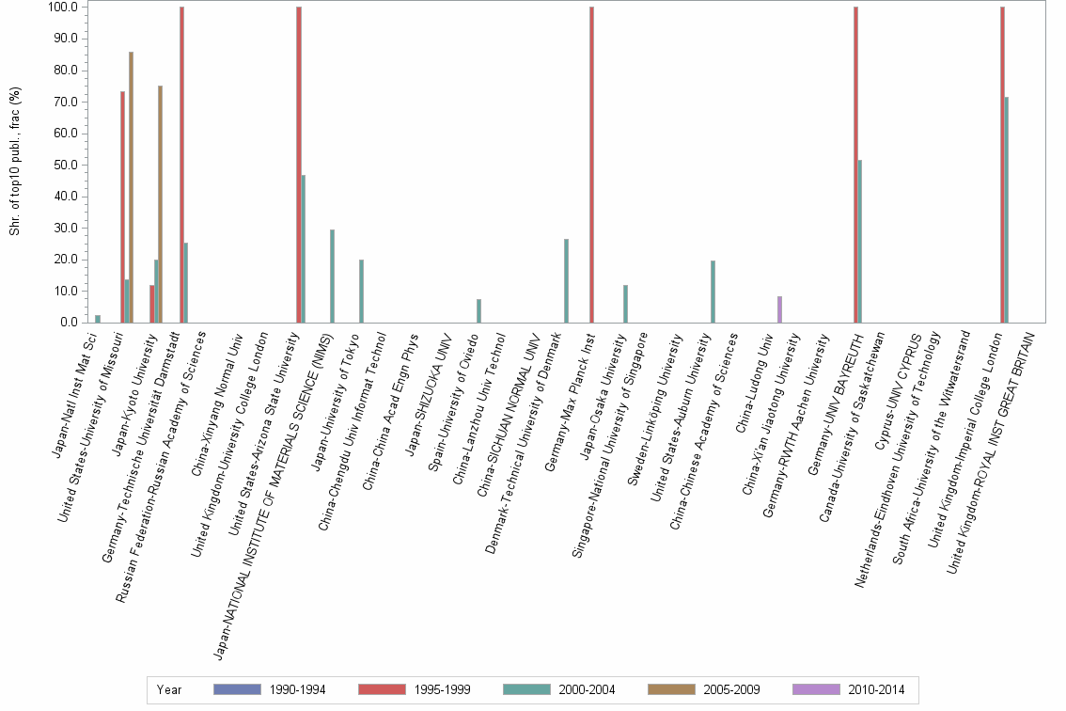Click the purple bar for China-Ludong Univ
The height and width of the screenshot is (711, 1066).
tap(779, 309)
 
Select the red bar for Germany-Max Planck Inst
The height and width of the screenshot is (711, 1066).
tap(591, 165)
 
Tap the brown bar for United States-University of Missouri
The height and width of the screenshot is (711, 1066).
tap(132, 187)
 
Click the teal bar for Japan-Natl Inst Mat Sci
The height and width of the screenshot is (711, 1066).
tap(98, 319)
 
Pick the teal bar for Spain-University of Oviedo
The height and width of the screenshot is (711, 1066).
tap(478, 311)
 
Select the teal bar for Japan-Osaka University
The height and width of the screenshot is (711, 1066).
tap(625, 304)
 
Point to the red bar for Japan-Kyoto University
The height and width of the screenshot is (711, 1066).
tap(152, 304)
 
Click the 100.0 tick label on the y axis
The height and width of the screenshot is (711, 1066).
tap(61, 8)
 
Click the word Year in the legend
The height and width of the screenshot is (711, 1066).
tap(169, 690)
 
